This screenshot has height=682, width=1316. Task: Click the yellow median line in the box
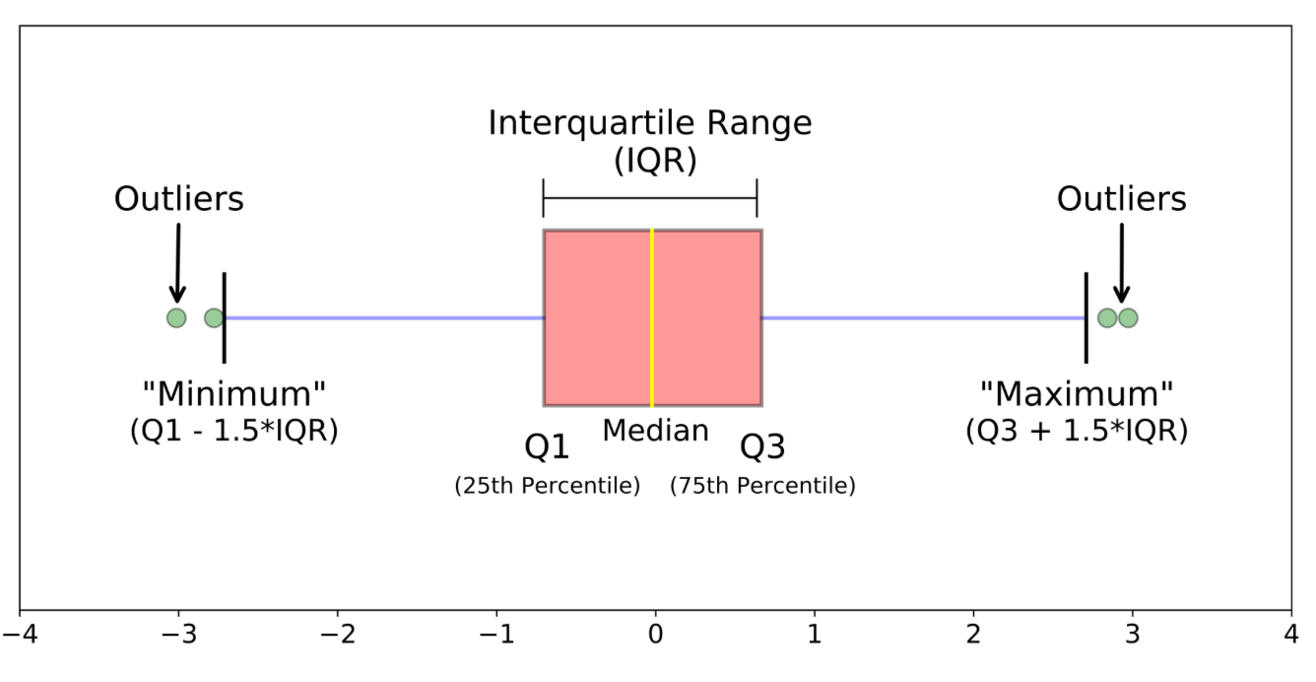click(652, 317)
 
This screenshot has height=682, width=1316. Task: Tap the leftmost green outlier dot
click(176, 318)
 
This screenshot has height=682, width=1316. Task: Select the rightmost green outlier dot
click(1128, 318)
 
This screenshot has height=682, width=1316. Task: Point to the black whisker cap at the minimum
click(225, 317)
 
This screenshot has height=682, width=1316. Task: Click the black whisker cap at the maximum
click(1086, 317)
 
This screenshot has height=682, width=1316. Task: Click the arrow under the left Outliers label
click(178, 263)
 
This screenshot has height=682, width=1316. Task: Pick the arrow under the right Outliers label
click(1122, 263)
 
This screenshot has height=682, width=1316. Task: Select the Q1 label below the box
click(547, 447)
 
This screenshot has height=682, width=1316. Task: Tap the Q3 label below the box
click(762, 447)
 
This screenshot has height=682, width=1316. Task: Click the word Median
click(656, 431)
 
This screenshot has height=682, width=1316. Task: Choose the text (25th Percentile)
click(547, 486)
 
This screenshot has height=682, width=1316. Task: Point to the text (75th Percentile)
click(762, 486)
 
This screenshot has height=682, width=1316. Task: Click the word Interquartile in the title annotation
click(592, 124)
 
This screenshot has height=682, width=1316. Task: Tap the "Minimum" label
click(234, 393)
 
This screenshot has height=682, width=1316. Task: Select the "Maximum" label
click(1077, 393)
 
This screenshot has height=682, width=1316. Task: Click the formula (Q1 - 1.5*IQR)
click(234, 431)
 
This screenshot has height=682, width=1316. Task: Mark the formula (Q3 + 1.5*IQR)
click(1077, 431)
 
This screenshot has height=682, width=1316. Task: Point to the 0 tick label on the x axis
click(656, 635)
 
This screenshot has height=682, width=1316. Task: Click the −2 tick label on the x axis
click(338, 635)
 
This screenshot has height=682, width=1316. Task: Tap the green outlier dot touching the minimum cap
click(214, 318)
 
